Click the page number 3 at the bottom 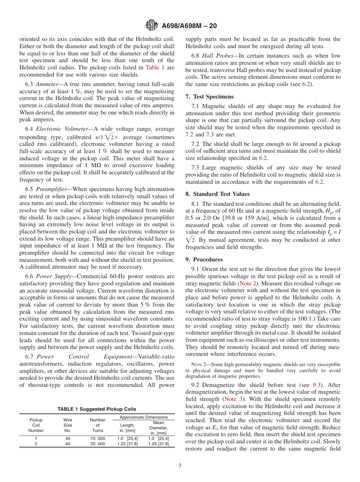tap(180, 465)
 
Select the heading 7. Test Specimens tap(210, 96)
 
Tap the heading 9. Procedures tap(204, 259)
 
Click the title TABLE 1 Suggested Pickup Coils tap(97, 409)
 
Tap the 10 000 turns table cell tap(97, 438)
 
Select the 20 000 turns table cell tap(97, 444)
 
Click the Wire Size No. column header tap(67, 425)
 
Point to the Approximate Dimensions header tap(143, 417)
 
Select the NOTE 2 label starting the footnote tap(199, 364)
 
